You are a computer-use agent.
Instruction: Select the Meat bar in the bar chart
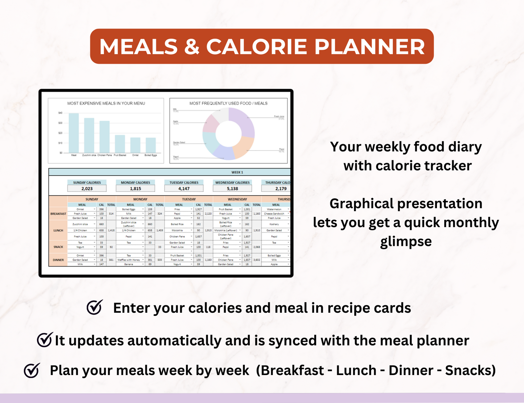[x=74, y=133]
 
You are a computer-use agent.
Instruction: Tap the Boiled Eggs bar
[x=150, y=145]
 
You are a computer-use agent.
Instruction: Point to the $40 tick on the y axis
[x=60, y=113]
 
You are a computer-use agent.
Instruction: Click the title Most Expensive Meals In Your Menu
[x=106, y=103]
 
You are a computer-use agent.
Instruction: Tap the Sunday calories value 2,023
[x=87, y=189]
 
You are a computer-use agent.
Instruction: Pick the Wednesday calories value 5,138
[x=232, y=189]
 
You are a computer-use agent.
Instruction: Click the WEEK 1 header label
[x=237, y=172]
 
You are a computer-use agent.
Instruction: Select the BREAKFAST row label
[x=58, y=214]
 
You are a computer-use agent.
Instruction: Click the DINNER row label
[x=58, y=260]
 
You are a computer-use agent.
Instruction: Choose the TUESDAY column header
[x=189, y=199]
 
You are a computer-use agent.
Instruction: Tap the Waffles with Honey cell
[x=129, y=260]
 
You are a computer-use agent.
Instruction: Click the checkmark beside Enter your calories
[x=95, y=308]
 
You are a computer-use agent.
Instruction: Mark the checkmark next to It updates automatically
[x=45, y=340]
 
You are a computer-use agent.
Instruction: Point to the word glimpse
[x=406, y=242]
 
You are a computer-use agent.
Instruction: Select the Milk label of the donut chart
[x=175, y=109]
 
